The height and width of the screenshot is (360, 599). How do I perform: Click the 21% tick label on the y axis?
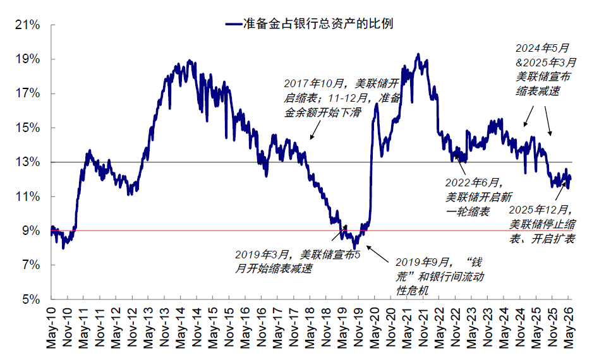pos(27,25)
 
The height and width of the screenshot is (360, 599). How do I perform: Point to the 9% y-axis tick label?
pos(30,231)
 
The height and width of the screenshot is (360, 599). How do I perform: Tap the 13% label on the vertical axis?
pos(27,162)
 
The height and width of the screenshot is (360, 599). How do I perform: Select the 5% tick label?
pos(30,299)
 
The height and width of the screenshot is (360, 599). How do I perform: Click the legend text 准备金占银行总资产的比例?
pos(318,23)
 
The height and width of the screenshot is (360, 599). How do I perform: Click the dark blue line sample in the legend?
pos(234,24)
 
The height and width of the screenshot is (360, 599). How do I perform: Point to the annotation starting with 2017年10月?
pos(342,98)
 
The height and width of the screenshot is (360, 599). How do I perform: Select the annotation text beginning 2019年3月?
pos(298,261)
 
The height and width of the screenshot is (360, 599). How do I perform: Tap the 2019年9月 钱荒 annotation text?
pos(440,277)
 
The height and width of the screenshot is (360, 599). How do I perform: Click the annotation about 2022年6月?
pos(478,197)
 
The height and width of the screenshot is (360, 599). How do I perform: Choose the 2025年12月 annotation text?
pos(543,224)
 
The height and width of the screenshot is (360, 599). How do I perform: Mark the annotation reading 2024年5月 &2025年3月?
pos(545,69)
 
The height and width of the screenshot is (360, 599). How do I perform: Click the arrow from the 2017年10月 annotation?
pos(315,130)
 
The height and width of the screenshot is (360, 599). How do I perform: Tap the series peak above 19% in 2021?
pos(418,54)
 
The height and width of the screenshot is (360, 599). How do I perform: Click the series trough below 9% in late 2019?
pos(355,248)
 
